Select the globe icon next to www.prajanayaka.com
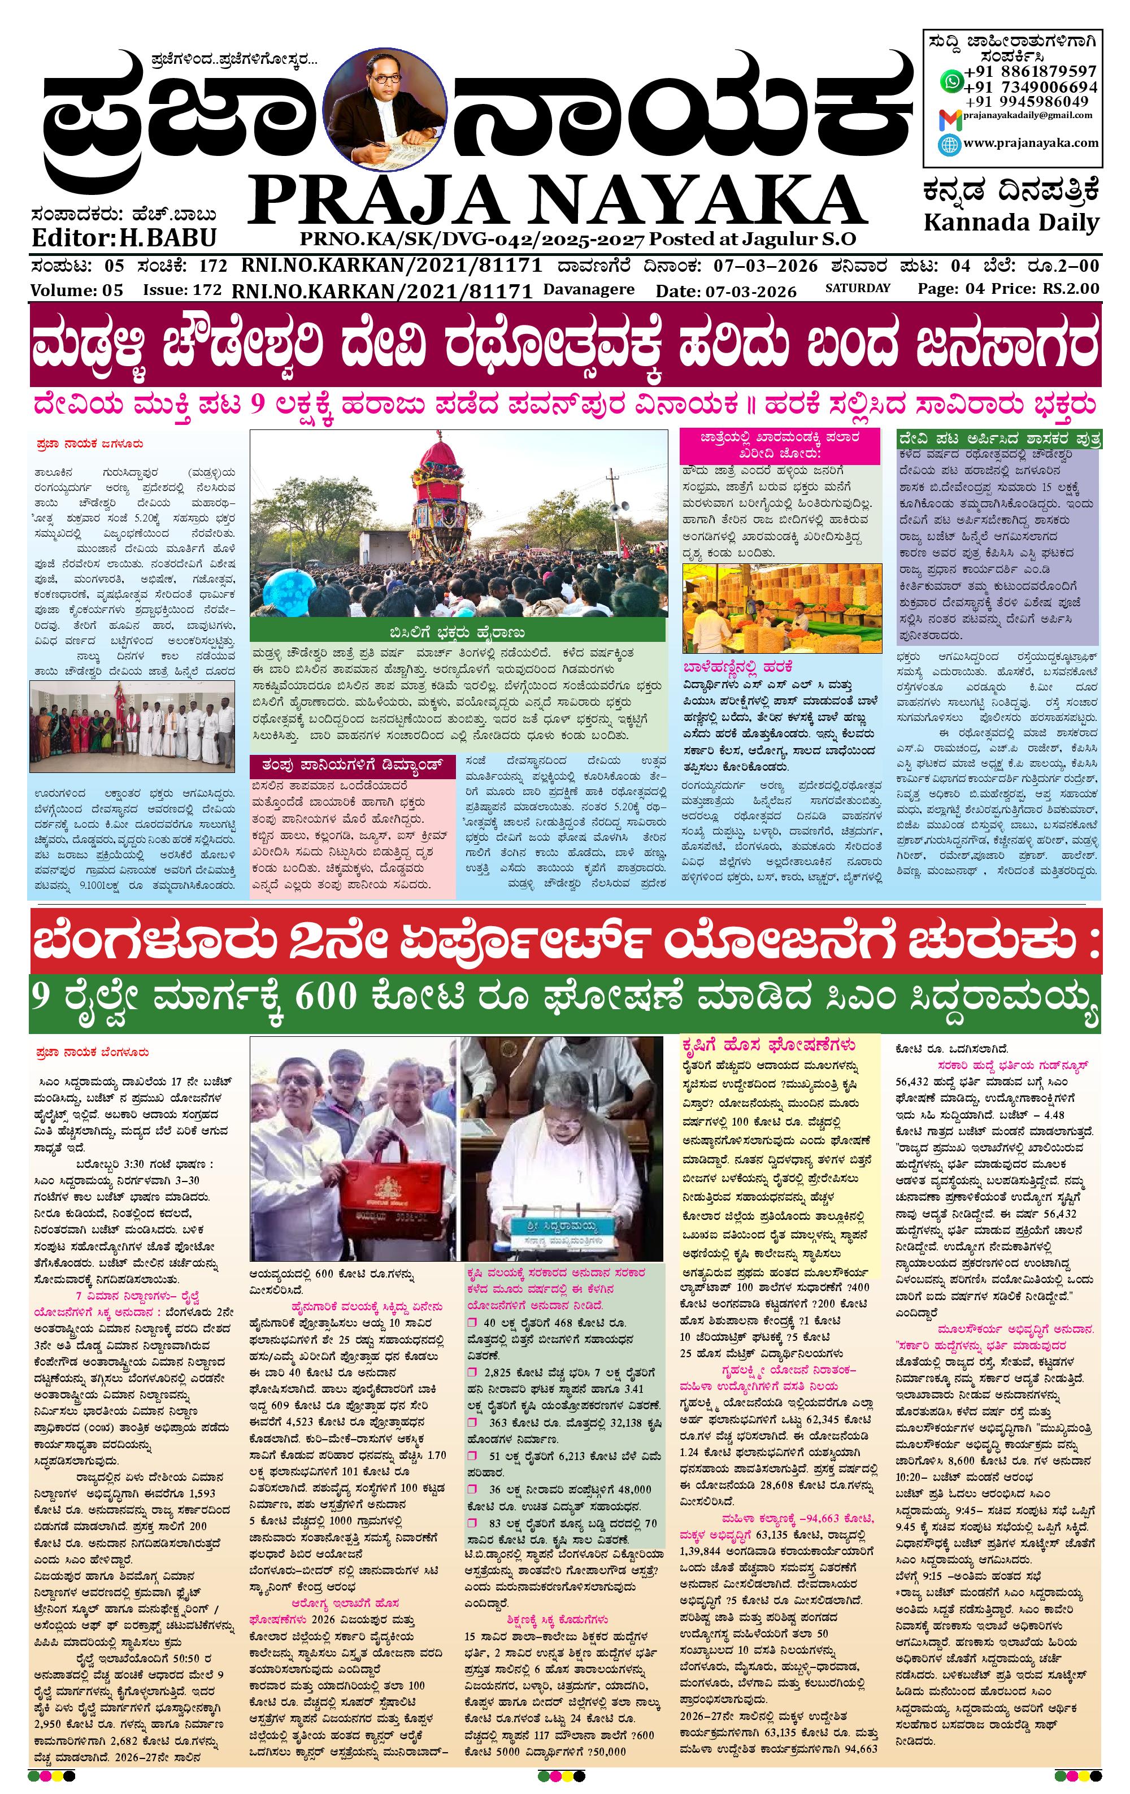tap(950, 145)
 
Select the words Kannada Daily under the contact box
tap(1011, 222)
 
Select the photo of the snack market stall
tap(781, 607)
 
